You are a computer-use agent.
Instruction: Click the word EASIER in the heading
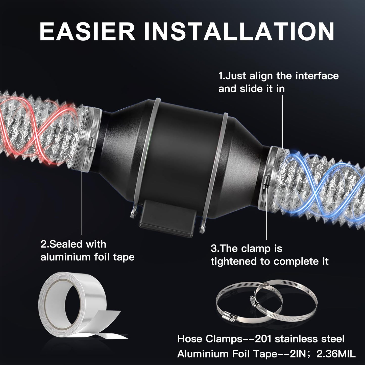coord(87,32)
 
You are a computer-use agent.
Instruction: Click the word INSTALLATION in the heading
coord(239,32)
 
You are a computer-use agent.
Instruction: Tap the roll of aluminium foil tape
coord(73,303)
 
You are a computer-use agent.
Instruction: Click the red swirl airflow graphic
coord(38,129)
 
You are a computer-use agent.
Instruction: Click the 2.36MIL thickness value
coord(336,354)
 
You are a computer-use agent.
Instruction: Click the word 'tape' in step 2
coord(124,257)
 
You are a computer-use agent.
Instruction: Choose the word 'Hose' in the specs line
coord(190,339)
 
